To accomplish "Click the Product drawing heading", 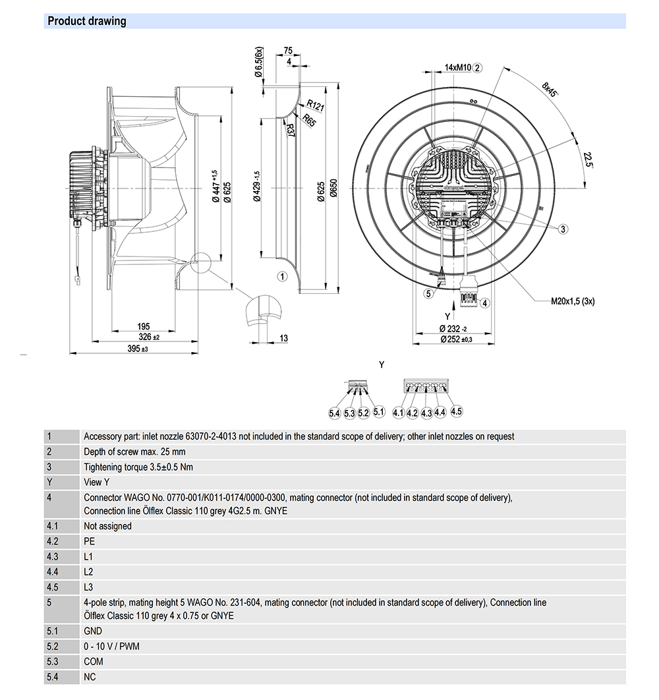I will coord(87,21).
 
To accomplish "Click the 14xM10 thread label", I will coord(457,67).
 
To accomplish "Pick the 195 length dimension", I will coord(144,326).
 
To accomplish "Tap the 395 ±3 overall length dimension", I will coord(134,349).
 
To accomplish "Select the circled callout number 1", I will coord(282,276).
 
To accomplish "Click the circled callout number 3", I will coord(563,229).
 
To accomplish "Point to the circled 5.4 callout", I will coord(335,413).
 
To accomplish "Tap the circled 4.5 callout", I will coord(456,411).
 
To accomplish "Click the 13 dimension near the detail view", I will coord(283,338).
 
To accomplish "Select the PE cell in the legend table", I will coord(90,541).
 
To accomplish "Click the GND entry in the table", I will coord(93,631).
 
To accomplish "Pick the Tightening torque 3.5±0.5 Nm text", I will coord(138,467).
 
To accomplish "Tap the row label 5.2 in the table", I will coord(53,647).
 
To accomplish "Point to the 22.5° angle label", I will coord(587,160).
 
